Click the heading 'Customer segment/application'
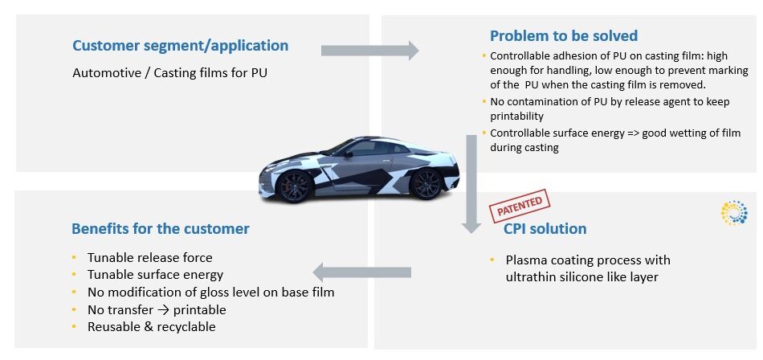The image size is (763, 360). click(180, 46)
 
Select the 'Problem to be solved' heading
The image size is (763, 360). click(564, 35)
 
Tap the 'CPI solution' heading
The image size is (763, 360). click(545, 228)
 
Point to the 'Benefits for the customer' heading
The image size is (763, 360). click(161, 228)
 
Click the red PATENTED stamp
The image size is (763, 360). click(519, 207)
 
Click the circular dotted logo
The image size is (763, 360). click(734, 212)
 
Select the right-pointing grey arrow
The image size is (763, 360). click(369, 51)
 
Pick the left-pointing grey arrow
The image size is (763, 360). click(361, 272)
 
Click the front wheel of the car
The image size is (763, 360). click(296, 187)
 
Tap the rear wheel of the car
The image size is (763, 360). click(425, 184)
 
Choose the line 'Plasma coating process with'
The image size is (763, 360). click(587, 260)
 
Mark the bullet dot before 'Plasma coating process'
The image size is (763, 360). click(492, 260)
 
